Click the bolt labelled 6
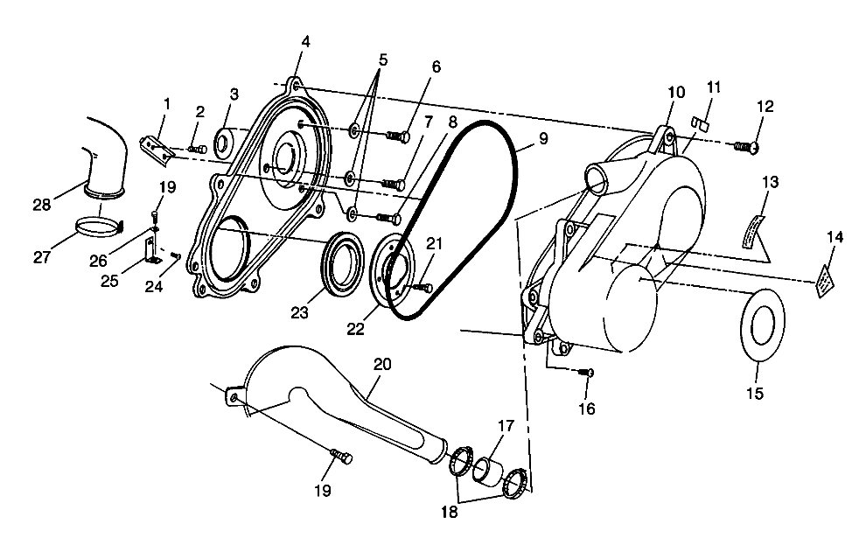398,135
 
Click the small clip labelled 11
699,122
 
